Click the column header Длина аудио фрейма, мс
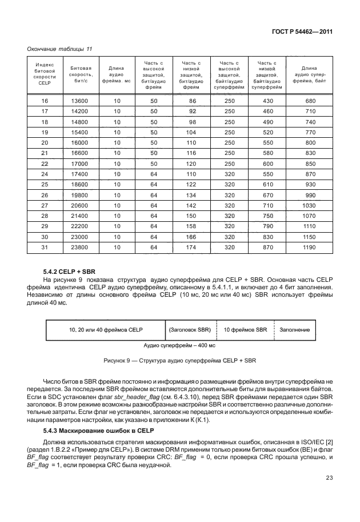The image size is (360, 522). click(x=117, y=74)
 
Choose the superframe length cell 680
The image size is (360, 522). click(x=310, y=101)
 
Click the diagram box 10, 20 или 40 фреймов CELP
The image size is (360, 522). click(x=105, y=330)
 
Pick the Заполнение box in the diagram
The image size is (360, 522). click(x=294, y=330)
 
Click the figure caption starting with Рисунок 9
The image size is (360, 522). click(x=179, y=361)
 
